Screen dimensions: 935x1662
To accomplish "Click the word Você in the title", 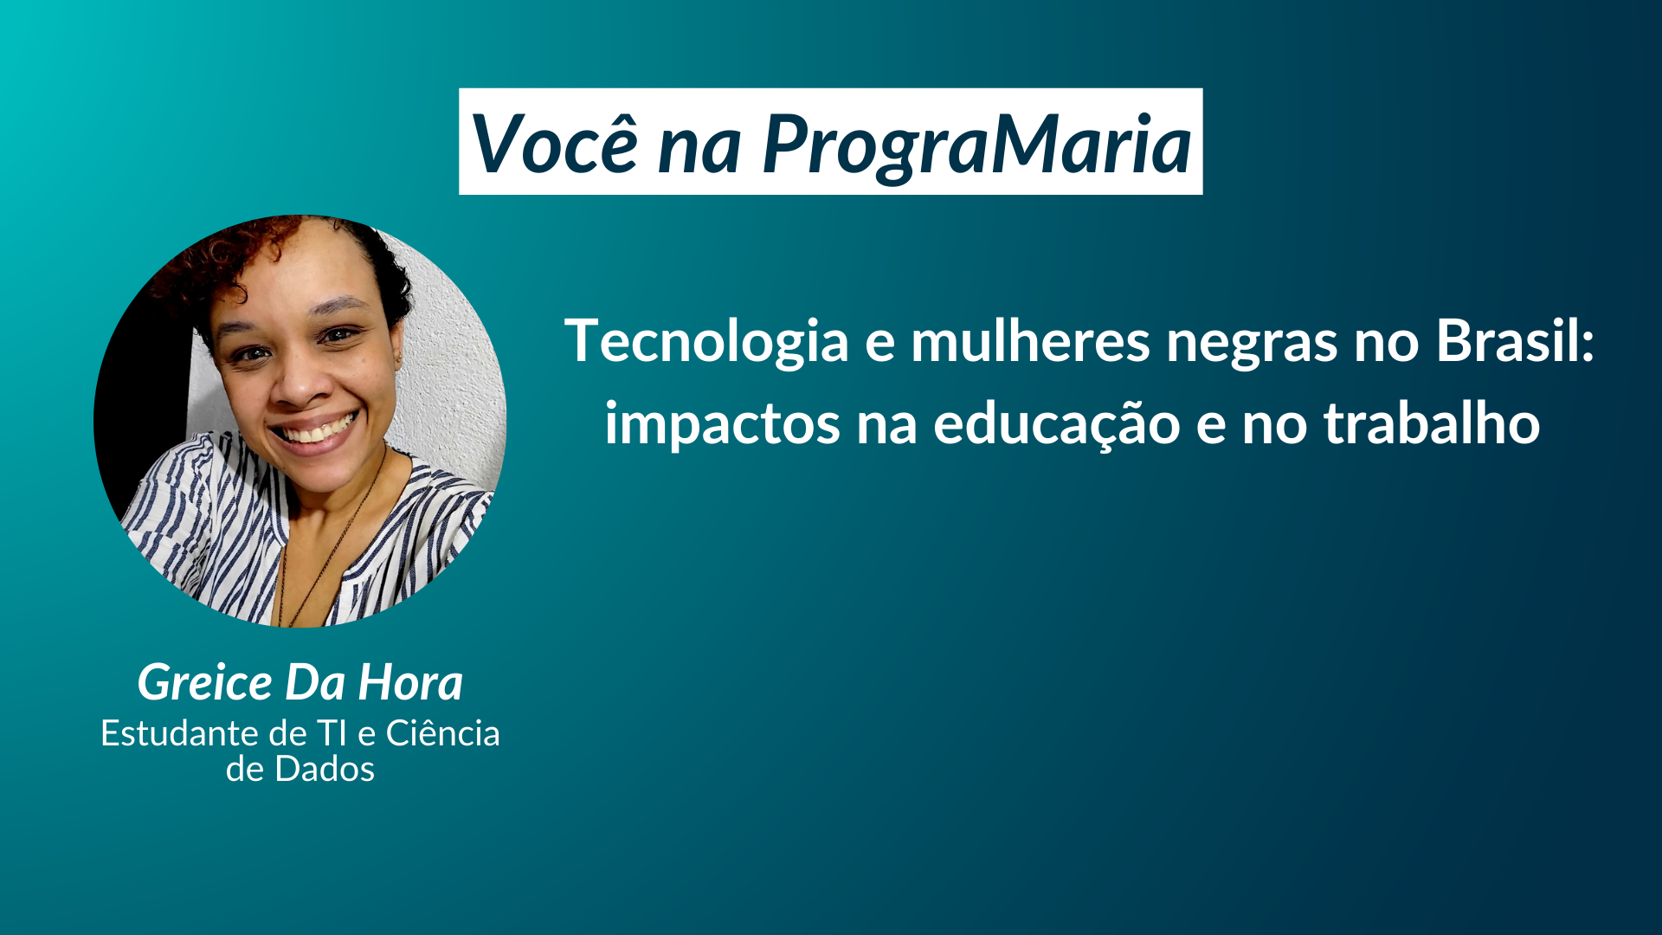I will click(555, 144).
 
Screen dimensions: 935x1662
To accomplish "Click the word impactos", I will click(722, 425).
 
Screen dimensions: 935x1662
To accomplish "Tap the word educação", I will click(1056, 425).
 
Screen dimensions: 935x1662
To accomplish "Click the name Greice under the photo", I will click(205, 683).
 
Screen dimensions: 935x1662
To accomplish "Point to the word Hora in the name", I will click(410, 683).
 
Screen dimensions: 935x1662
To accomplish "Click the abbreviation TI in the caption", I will click(332, 733).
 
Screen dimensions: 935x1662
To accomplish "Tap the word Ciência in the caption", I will click(442, 733).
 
